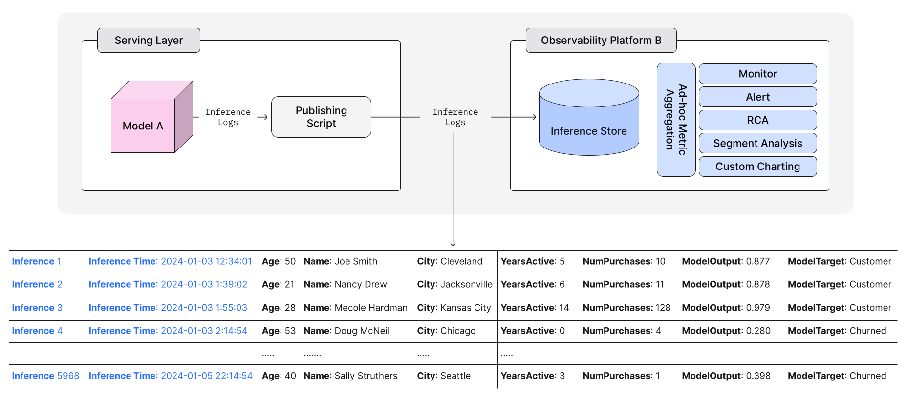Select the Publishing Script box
click(x=321, y=117)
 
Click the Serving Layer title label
click(x=149, y=41)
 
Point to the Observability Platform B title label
click(x=601, y=41)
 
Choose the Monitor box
click(x=757, y=74)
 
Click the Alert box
click(x=757, y=97)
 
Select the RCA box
click(x=757, y=120)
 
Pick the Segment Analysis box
click(x=757, y=143)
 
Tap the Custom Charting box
click(x=757, y=167)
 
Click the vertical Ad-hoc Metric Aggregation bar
click(x=676, y=120)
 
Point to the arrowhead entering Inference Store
click(x=535, y=117)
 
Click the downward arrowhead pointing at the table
click(x=453, y=244)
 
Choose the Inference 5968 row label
click(x=45, y=376)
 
